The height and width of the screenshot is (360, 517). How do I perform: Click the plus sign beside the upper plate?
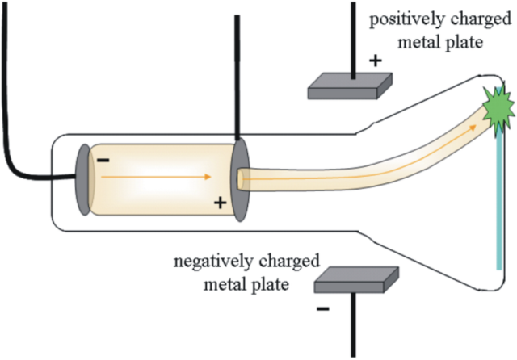point(375,60)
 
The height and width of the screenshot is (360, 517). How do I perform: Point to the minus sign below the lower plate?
point(323,308)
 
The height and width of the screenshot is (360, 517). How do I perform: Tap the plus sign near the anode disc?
point(219,203)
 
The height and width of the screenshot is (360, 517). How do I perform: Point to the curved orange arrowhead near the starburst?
point(477,119)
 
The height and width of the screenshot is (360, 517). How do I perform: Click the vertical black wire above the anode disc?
point(237,73)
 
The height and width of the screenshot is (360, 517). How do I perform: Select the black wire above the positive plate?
point(353,36)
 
